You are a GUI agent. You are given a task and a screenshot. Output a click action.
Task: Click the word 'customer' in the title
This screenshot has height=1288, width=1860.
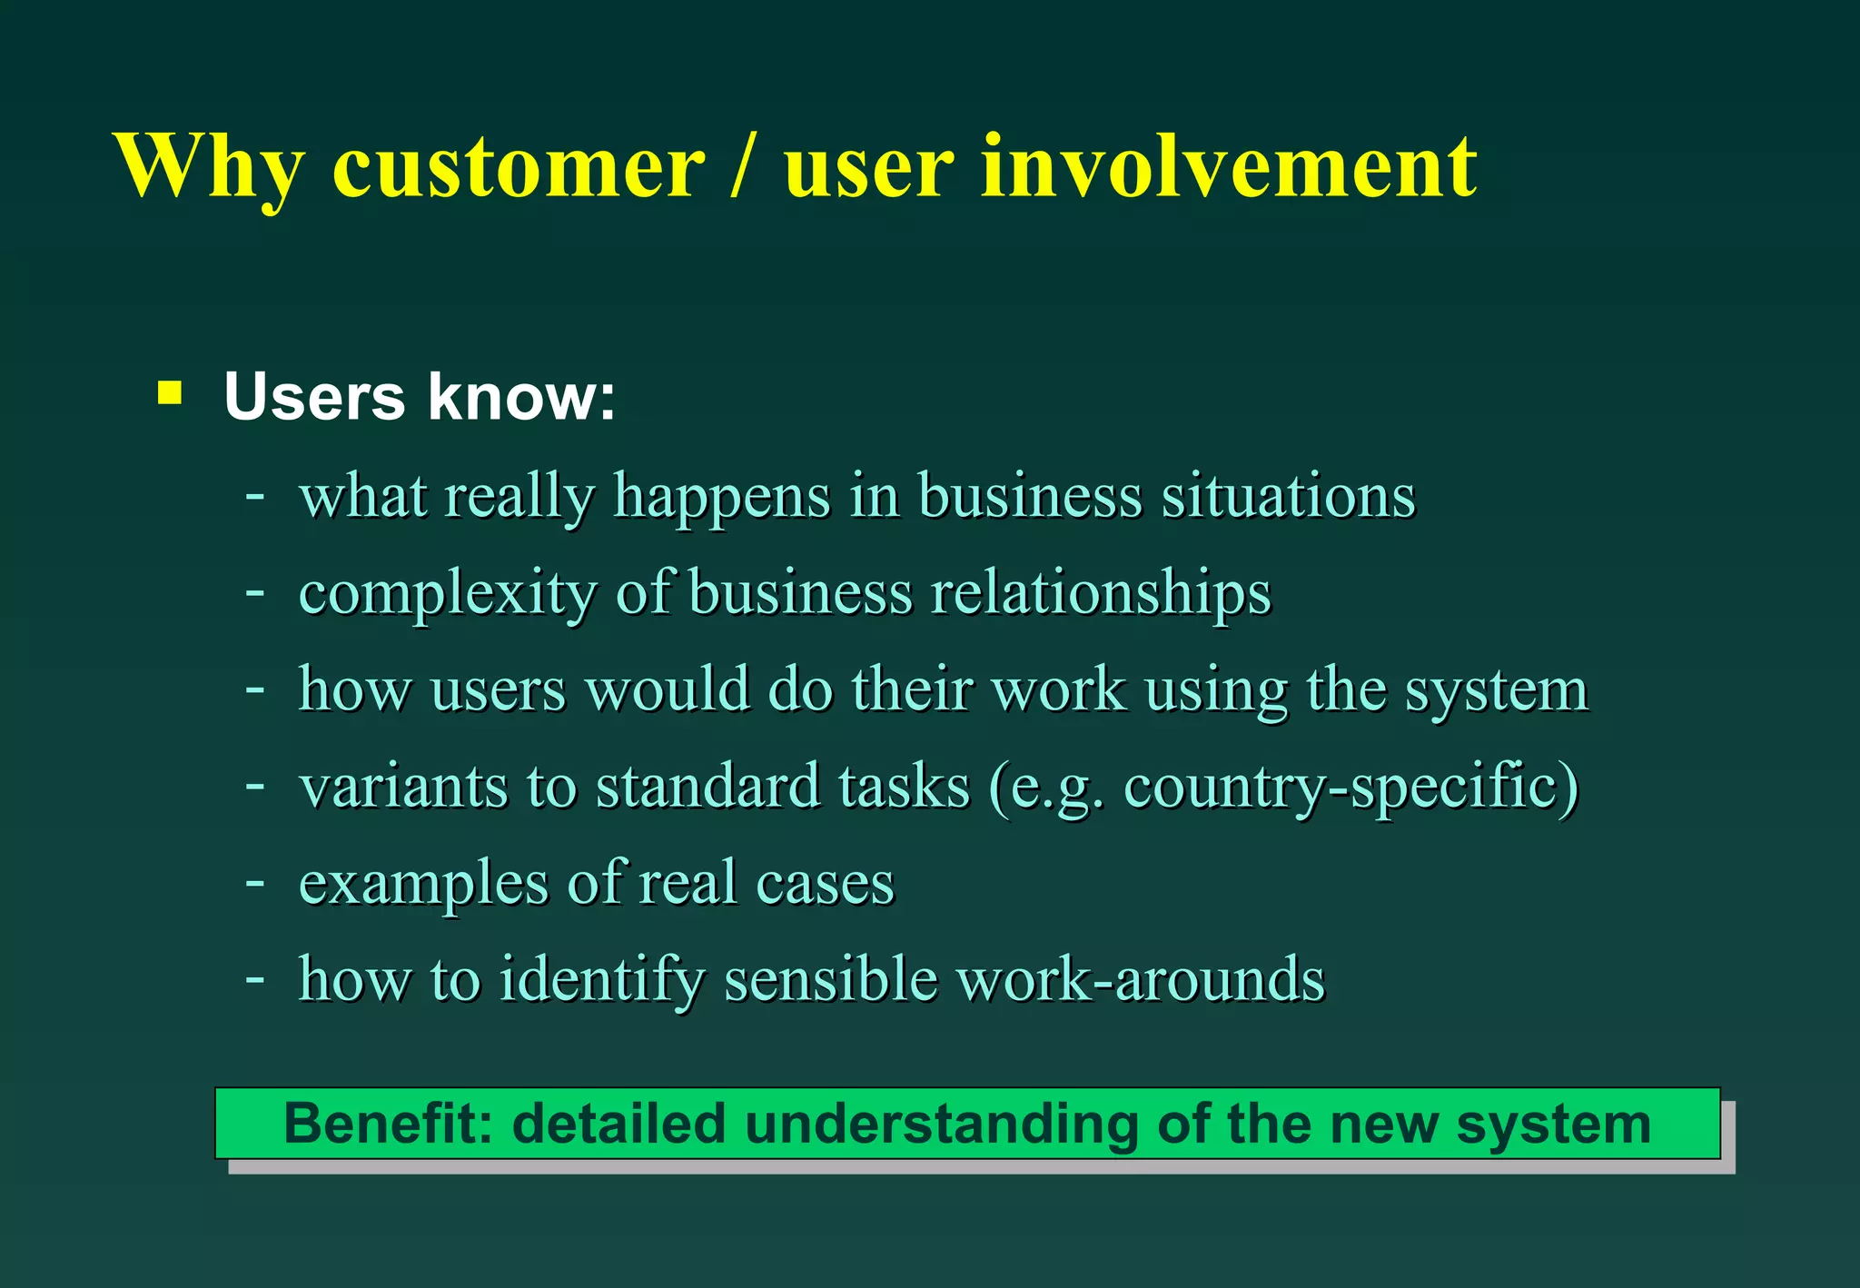pyautogui.click(x=519, y=168)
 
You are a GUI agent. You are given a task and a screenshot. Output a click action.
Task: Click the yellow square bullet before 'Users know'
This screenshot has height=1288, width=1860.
pyautogui.click(x=170, y=393)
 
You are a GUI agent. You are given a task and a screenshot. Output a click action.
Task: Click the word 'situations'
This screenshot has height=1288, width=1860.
pyautogui.click(x=1288, y=497)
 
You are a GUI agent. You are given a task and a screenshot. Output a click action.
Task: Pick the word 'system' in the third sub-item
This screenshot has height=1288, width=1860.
pyautogui.click(x=1497, y=691)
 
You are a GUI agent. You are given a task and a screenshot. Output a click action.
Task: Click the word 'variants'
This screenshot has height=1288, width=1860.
pyautogui.click(x=402, y=786)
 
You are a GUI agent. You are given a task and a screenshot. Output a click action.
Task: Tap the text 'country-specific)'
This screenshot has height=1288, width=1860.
pyautogui.click(x=1351, y=786)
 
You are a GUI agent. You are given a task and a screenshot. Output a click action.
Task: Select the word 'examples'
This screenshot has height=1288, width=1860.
pyautogui.click(x=423, y=884)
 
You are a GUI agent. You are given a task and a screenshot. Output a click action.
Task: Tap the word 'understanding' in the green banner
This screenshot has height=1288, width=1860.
pyautogui.click(x=941, y=1125)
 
